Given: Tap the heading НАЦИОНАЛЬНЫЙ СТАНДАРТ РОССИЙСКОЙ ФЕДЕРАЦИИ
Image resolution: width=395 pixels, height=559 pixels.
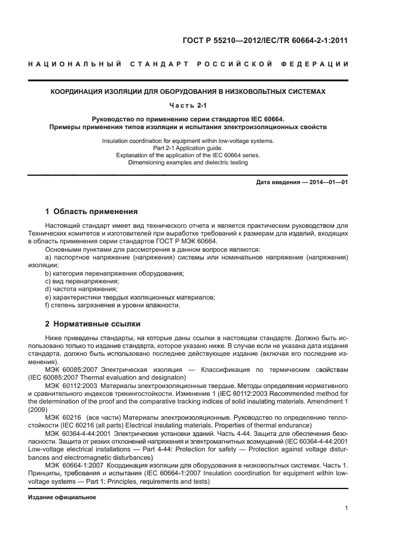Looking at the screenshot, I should (188, 64).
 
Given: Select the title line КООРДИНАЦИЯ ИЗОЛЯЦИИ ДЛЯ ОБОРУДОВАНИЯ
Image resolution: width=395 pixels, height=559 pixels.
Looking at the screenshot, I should (188, 92).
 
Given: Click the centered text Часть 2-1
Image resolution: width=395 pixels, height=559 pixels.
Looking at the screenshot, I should (188, 106).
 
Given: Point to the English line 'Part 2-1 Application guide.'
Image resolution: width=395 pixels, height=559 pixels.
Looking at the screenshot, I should (188, 148).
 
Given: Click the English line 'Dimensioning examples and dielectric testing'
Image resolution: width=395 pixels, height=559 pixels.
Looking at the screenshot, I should (188, 161).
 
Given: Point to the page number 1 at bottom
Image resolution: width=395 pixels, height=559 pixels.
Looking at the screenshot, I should (347, 508).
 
